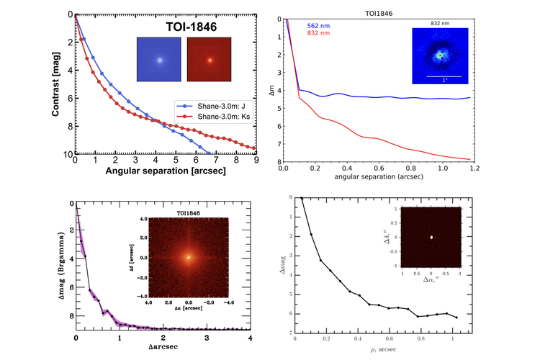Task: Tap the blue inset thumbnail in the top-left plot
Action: click(160, 60)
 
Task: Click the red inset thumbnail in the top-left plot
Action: click(210, 60)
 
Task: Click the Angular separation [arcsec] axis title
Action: click(165, 172)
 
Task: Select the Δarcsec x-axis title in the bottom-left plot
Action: click(163, 348)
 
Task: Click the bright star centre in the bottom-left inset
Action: click(189, 257)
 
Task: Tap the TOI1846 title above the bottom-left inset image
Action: click(189, 214)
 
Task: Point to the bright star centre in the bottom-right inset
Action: click(431, 236)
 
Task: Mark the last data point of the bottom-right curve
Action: click(456, 318)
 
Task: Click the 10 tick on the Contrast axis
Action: click(67, 155)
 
